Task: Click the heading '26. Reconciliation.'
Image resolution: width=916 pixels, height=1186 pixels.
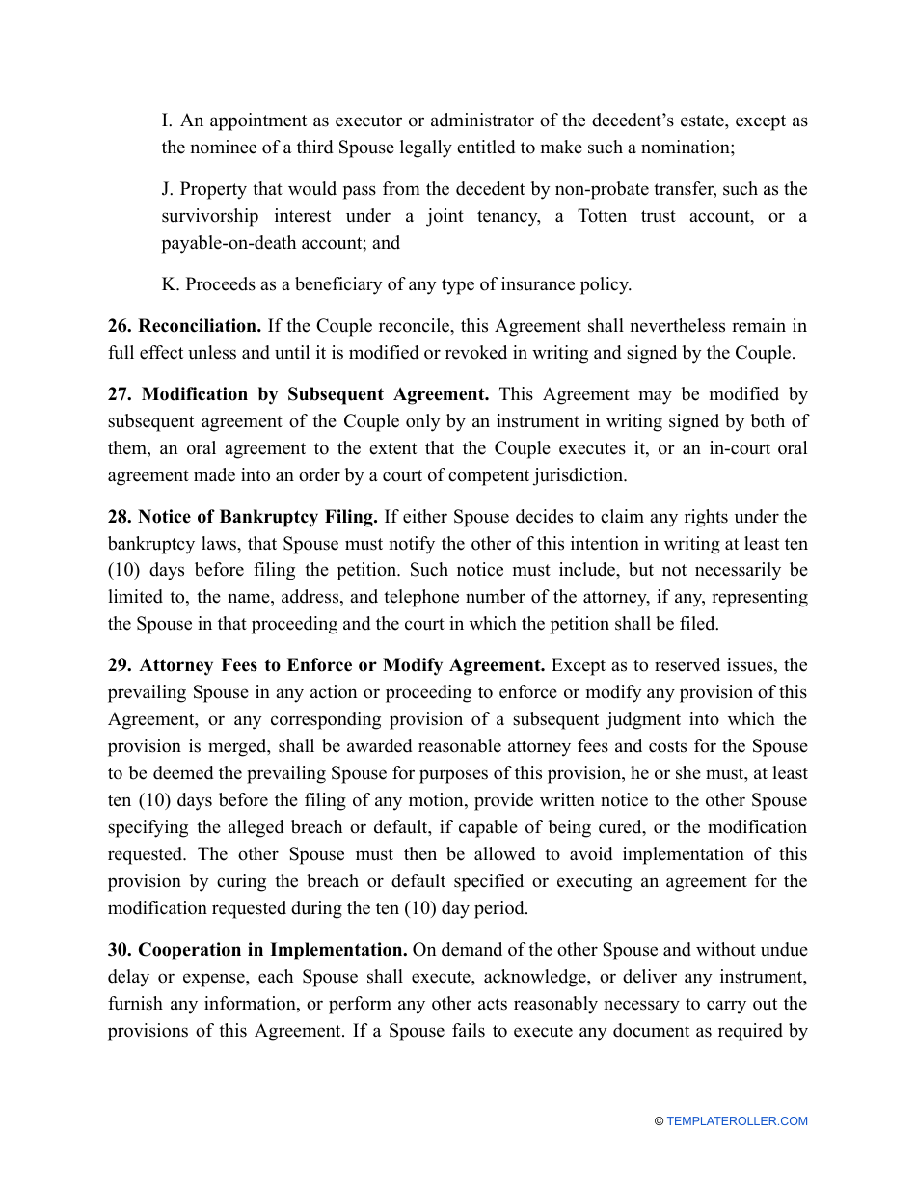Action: coord(185,326)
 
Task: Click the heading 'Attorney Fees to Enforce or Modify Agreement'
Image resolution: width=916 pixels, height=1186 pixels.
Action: coord(342,665)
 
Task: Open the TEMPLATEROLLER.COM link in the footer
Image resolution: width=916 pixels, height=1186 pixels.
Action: coord(737,1121)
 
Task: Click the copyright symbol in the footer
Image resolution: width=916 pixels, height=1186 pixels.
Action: coord(659,1121)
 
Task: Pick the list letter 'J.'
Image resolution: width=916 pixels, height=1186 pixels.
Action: coord(168,189)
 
